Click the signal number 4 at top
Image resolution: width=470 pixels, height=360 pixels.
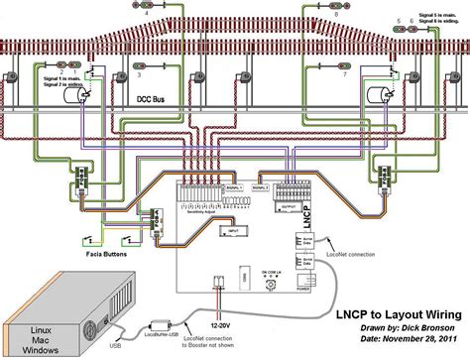tap(148, 17)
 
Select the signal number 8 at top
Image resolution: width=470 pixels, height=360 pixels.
tap(335, 16)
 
